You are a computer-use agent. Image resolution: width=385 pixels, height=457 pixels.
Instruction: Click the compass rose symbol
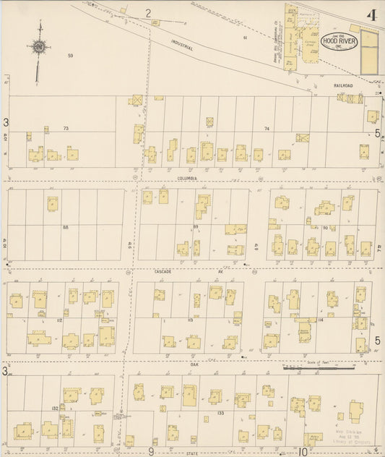39,47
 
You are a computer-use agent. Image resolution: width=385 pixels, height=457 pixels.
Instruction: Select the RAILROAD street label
343,86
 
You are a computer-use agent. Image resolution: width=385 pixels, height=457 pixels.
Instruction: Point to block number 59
71,56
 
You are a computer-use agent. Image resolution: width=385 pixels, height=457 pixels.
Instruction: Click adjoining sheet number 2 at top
148,13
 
